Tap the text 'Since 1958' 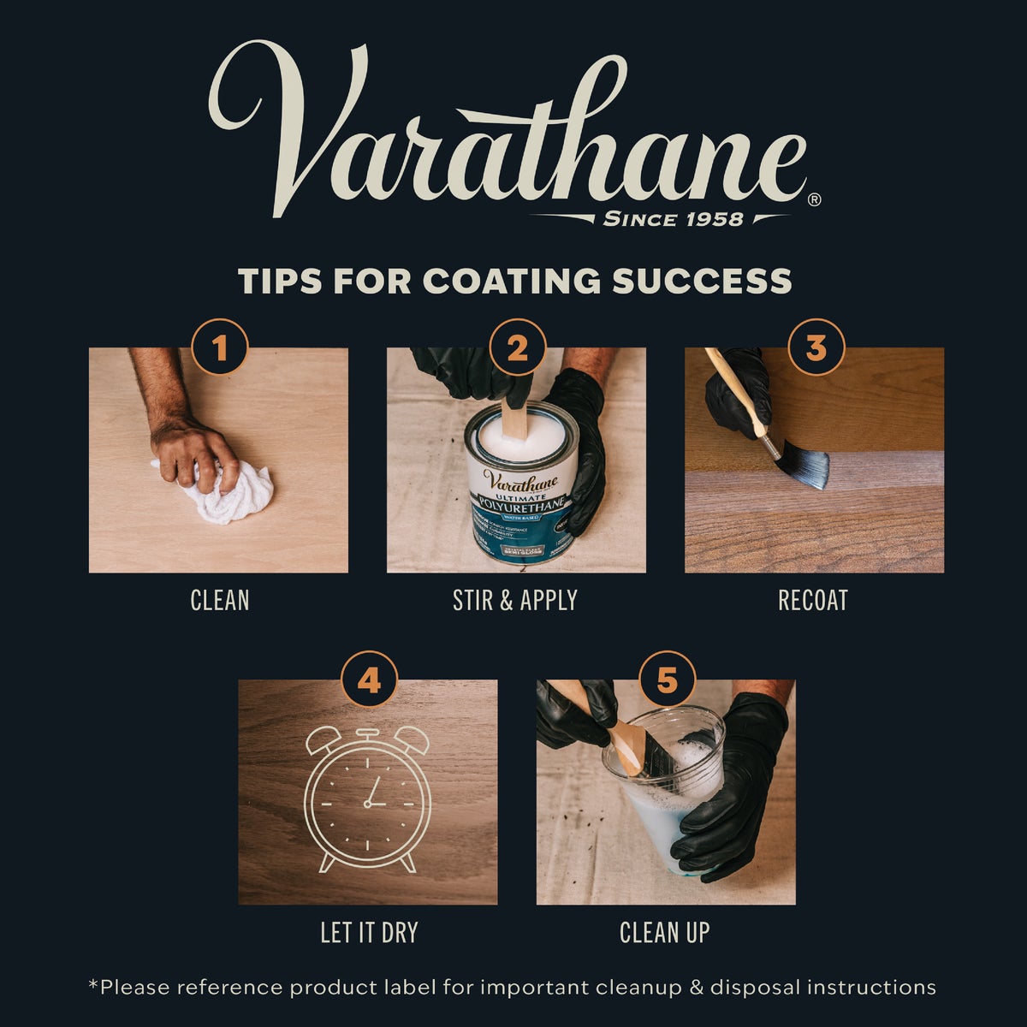pos(673,219)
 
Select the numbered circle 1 pos(220,348)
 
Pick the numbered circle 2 pos(517,348)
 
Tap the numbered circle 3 pos(816,348)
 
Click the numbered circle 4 pos(369,680)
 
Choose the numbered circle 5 pos(667,680)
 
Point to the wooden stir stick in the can pos(515,419)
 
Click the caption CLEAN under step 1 pos(220,600)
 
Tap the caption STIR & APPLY pos(515,600)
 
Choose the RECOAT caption pos(813,600)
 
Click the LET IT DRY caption pos(369,932)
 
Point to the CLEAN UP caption pos(665,932)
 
